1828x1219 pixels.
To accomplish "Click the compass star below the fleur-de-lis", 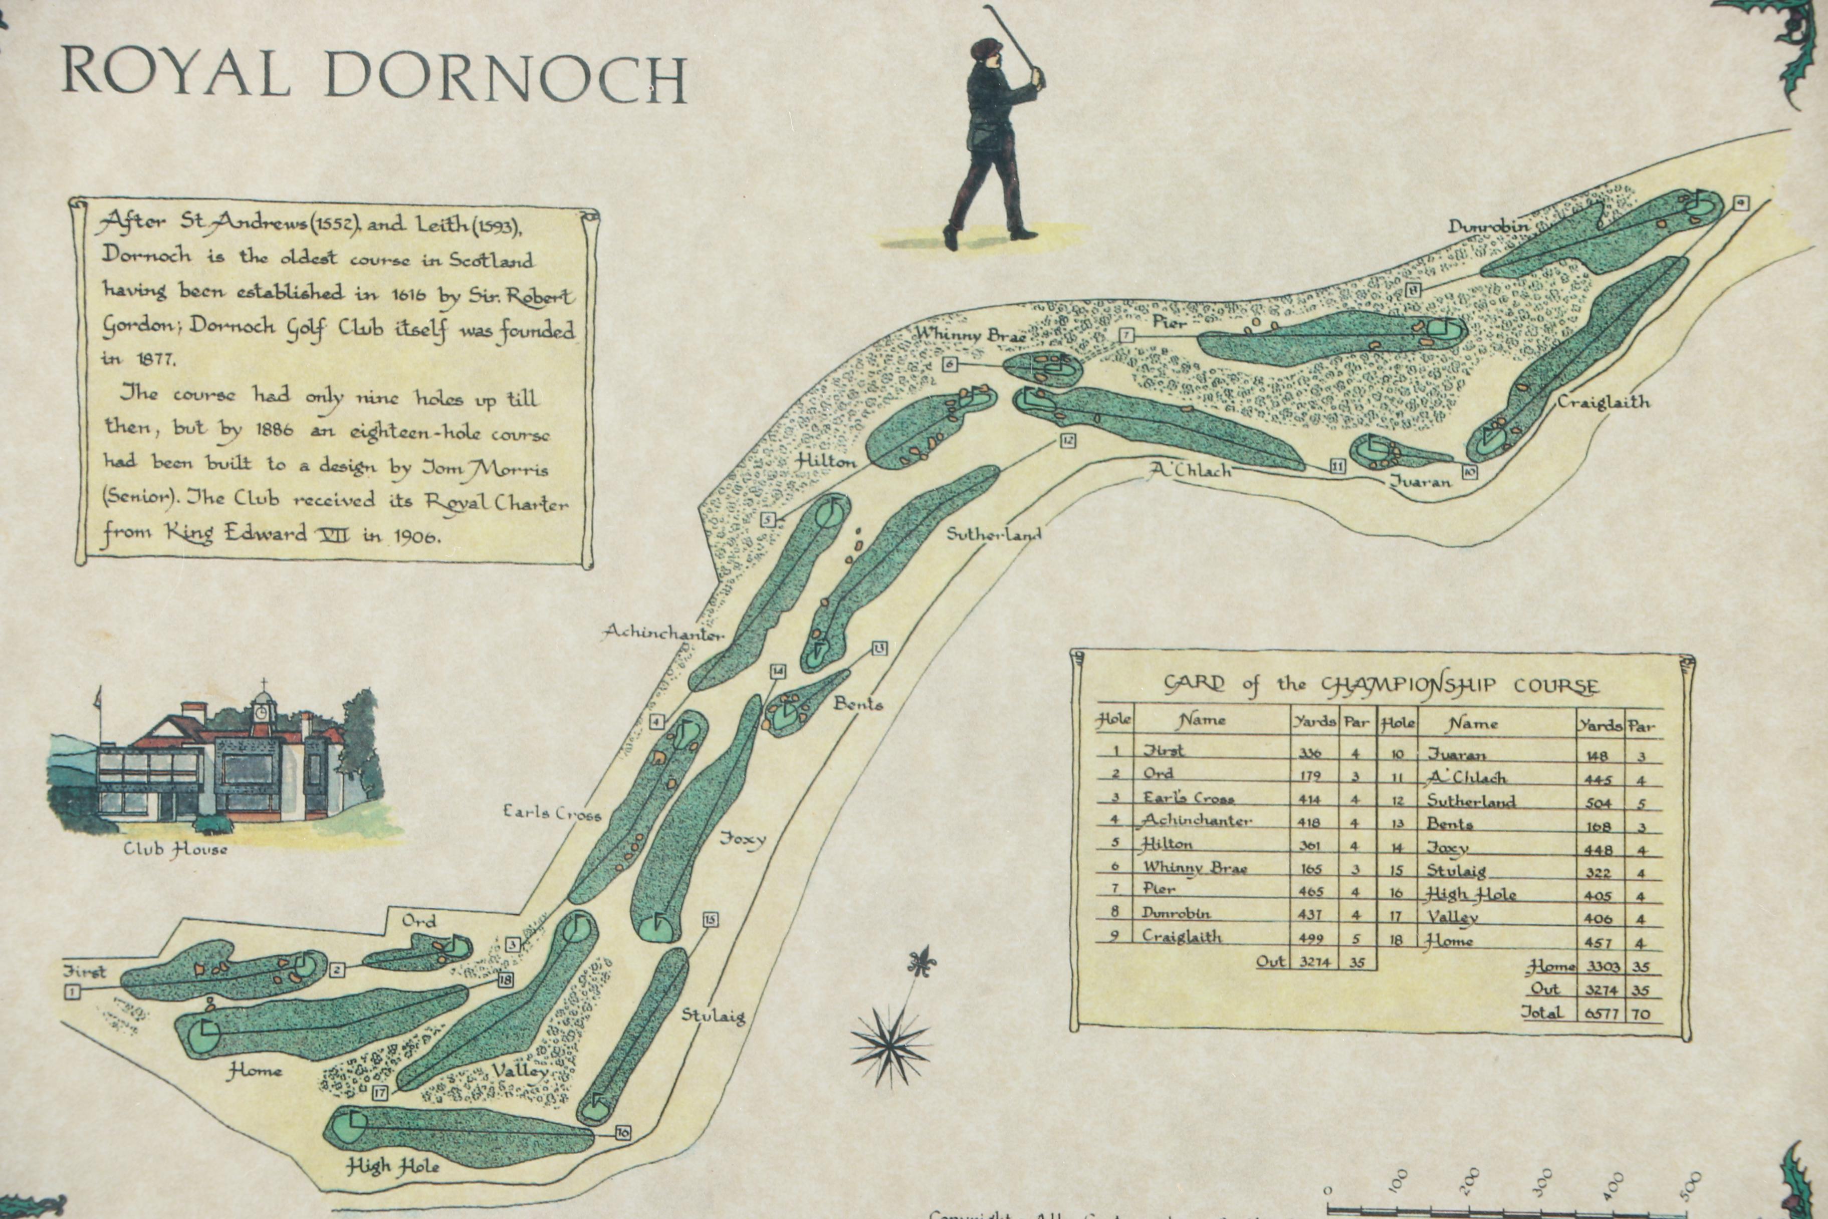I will coord(890,1044).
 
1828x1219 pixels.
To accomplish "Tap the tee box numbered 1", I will coord(72,991).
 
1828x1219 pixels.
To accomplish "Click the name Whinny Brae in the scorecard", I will coord(1195,868).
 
